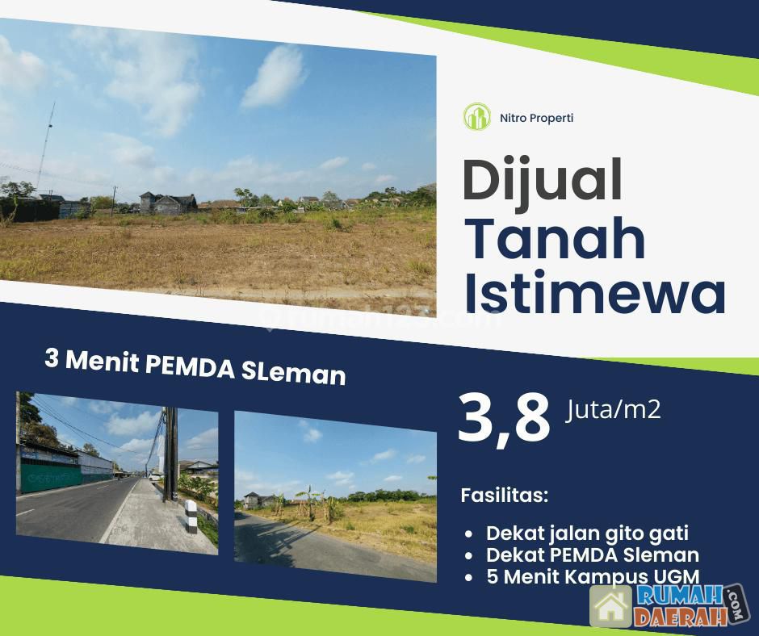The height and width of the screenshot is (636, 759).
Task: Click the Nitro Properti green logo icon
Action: pos(477,117)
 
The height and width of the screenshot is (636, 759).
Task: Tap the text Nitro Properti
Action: pos(536,118)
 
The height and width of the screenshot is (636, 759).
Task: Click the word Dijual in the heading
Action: pos(542,182)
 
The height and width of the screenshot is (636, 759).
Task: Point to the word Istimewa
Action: pos(595,292)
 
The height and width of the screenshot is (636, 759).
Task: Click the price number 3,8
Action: pos(505,418)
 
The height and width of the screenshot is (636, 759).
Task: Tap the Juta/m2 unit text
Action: pos(613,411)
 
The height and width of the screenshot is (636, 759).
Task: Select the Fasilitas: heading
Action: pos(505,496)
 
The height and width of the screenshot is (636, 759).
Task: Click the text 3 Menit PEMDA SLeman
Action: pos(195,367)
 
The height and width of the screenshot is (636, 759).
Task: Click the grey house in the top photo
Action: pos(167,203)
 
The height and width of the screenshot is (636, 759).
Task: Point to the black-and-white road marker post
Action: pos(191,513)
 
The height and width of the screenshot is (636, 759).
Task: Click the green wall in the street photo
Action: pos(50,476)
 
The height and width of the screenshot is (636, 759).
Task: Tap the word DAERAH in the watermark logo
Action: pos(681,616)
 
